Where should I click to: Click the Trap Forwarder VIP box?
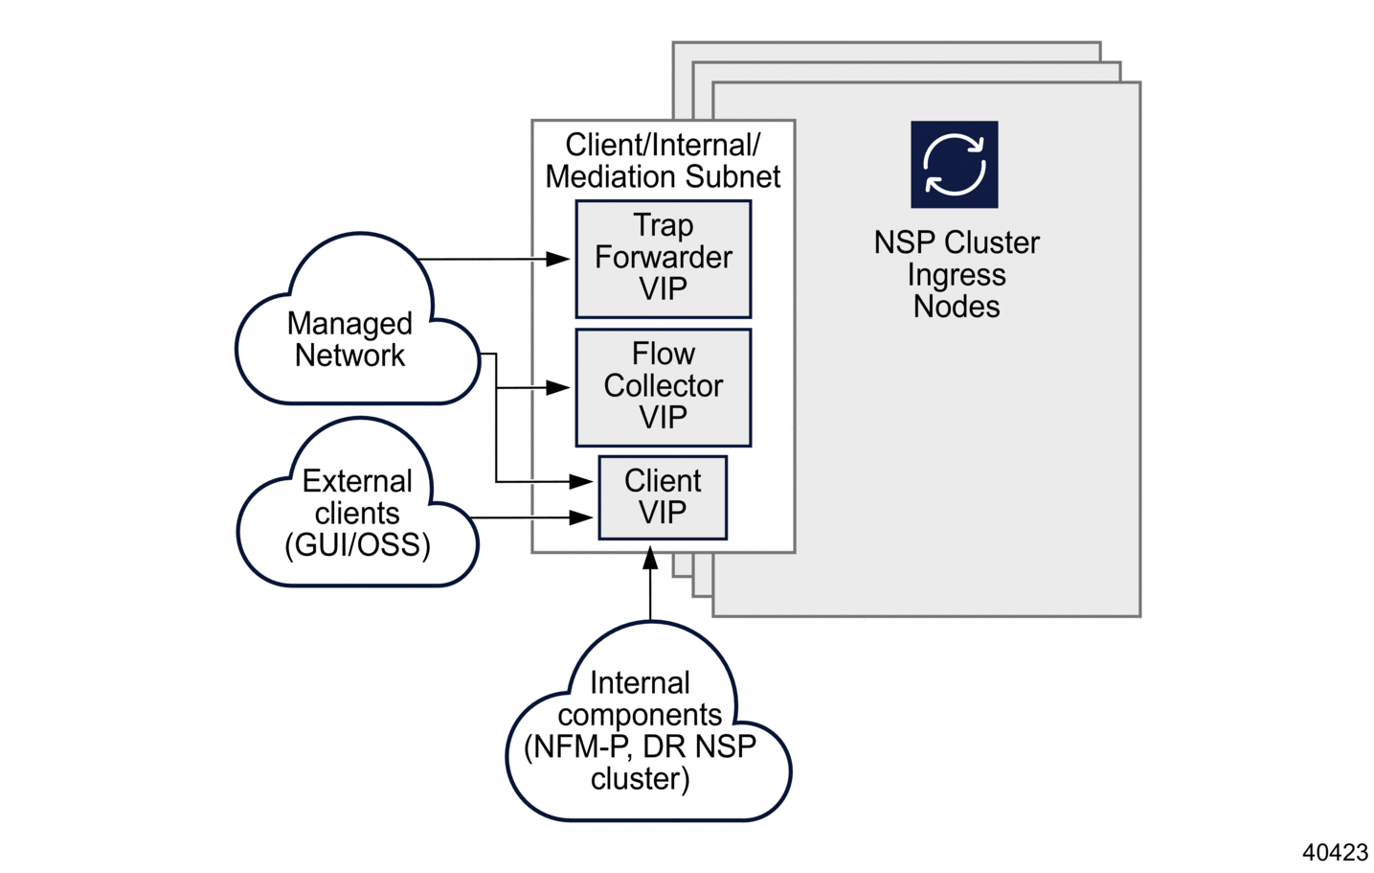[663, 259]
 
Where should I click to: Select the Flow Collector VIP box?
[663, 387]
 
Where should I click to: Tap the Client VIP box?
[663, 497]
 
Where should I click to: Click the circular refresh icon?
[954, 164]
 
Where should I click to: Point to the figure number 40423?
[1335, 852]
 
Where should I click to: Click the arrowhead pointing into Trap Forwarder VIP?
[558, 259]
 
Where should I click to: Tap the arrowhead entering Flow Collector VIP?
[558, 387]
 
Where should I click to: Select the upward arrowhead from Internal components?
[650, 558]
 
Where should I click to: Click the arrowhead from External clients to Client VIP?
[581, 517]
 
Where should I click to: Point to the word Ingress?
[956, 275]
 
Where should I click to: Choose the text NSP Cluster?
[956, 242]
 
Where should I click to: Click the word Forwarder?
[663, 257]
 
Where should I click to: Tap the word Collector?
[663, 385]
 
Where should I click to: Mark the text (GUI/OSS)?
[357, 545]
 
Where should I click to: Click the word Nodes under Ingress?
[956, 307]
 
